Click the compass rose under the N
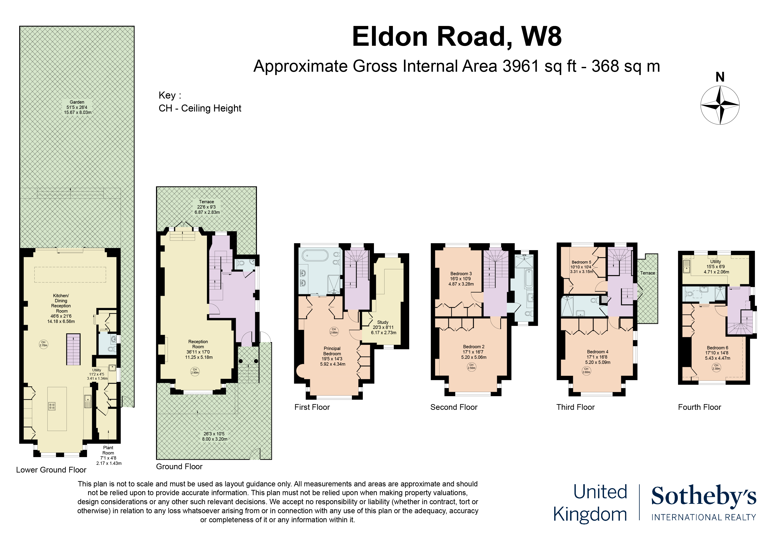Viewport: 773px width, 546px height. point(720,105)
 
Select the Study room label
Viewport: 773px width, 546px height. point(383,322)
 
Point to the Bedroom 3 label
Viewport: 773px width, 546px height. point(461,274)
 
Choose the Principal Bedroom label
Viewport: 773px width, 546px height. point(332,351)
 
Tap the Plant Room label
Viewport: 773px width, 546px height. point(108,450)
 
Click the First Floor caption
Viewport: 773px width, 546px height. point(312,407)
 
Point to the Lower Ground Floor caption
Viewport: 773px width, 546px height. point(51,470)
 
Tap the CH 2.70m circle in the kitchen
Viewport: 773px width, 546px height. point(43,344)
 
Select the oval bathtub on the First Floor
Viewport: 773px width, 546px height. point(315,255)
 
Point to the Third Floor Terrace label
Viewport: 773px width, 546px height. point(647,273)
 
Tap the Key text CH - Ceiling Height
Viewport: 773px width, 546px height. point(200,108)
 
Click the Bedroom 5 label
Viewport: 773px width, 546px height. point(582,262)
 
